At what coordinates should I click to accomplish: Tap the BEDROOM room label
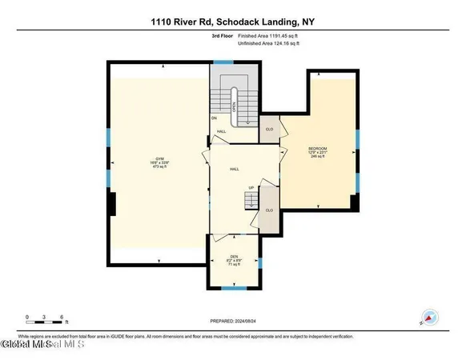pos(318,149)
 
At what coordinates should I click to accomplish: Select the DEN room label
pos(235,257)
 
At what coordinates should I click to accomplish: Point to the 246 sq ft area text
pos(318,158)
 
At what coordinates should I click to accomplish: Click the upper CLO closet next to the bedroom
pos(270,128)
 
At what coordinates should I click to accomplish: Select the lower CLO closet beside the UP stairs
pos(270,210)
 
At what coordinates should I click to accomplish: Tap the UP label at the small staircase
pos(251,189)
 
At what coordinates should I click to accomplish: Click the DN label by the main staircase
pos(215,118)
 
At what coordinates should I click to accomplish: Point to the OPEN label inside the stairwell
pos(234,104)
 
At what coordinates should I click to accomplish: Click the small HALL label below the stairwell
pos(221,131)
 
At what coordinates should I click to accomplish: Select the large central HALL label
pos(235,169)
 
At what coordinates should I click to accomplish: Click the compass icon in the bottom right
pos(429,315)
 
